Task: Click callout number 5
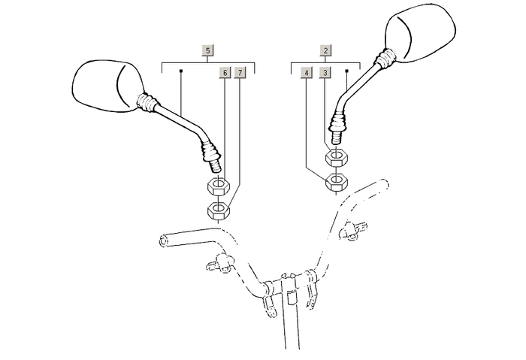click(x=208, y=50)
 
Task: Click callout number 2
click(x=325, y=50)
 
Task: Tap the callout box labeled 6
click(x=225, y=72)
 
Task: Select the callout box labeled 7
click(x=240, y=72)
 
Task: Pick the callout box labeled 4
click(x=307, y=72)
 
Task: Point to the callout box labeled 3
click(x=325, y=72)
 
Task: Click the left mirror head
click(x=108, y=86)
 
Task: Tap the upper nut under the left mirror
click(x=219, y=186)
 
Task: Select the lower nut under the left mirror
click(x=219, y=210)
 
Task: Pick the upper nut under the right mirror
click(x=337, y=157)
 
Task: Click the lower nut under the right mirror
click(x=337, y=182)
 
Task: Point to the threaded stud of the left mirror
click(x=215, y=165)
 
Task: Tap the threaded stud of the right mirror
click(x=337, y=137)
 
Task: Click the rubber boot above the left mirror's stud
click(x=210, y=151)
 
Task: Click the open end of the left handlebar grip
click(x=163, y=241)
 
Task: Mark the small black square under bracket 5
click(x=181, y=71)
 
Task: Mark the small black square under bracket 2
click(x=347, y=71)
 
